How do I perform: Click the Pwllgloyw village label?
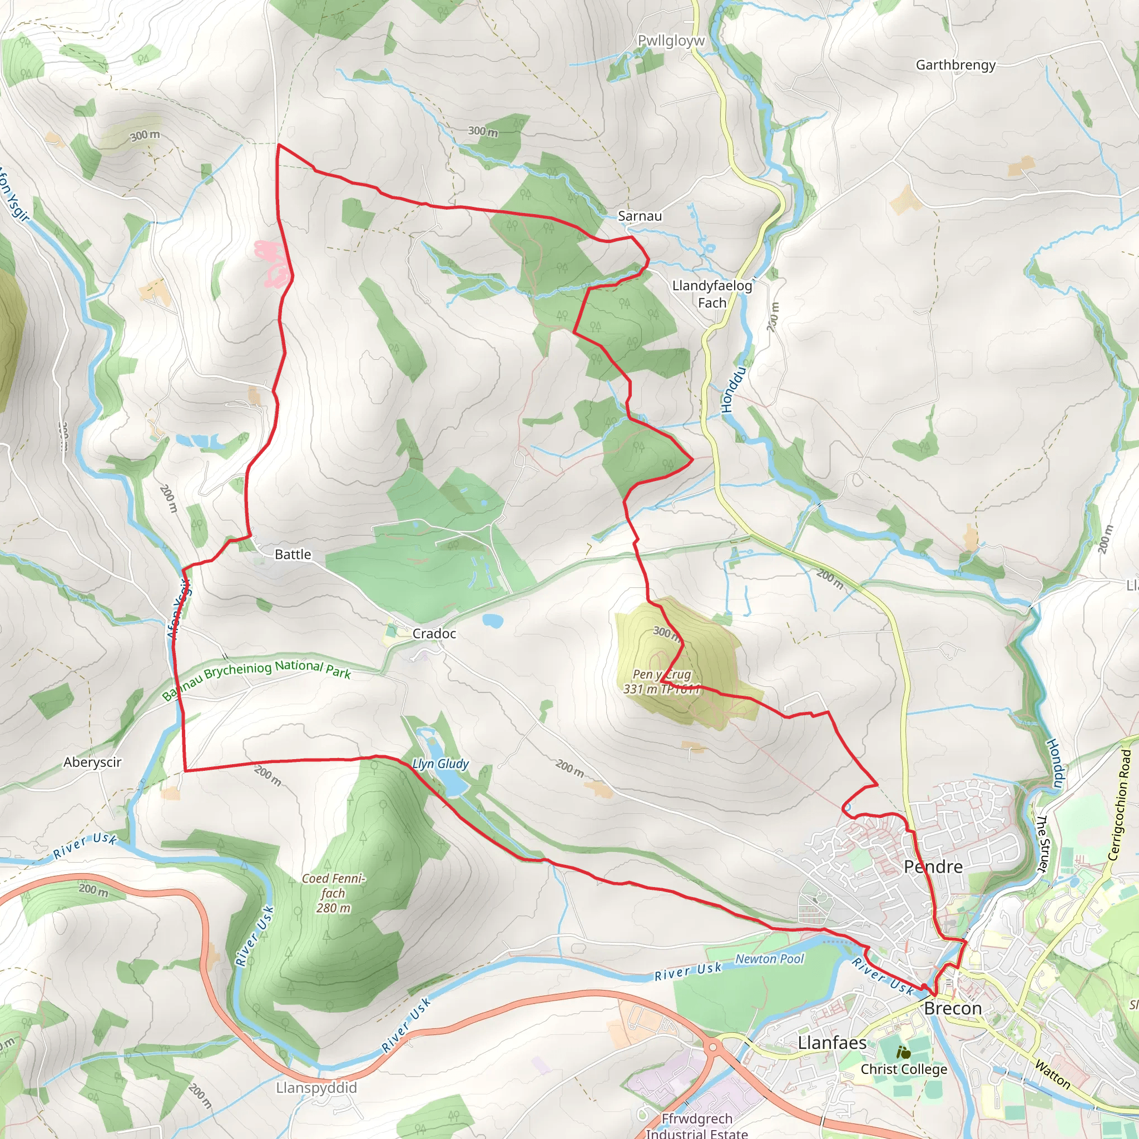671,41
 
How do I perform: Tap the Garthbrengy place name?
955,65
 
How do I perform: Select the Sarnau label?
640,216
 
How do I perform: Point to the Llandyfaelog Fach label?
712,294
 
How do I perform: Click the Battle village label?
293,554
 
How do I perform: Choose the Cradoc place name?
434,634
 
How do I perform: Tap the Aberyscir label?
92,762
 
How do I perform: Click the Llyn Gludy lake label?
440,764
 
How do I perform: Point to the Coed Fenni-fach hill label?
334,893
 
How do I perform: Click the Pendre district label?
933,866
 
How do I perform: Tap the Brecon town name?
953,1009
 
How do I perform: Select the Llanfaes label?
832,1043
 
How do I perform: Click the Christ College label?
904,1069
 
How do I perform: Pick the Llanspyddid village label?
316,1088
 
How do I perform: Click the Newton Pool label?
769,959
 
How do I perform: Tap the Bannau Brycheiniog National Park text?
257,678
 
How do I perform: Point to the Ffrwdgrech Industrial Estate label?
697,1126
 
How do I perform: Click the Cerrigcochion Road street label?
1119,805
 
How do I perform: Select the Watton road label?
1052,1074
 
